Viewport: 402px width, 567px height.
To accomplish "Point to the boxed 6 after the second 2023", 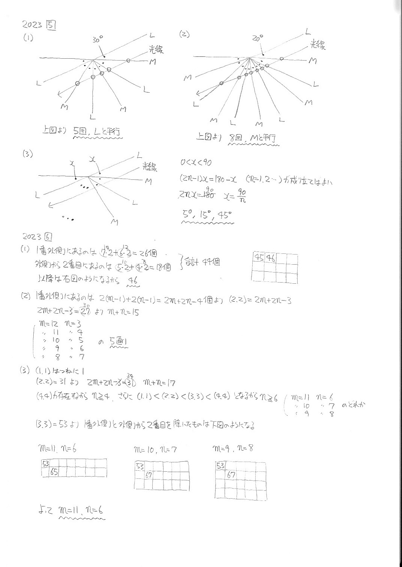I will click(48, 237).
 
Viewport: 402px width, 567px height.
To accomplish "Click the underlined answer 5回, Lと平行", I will click(98, 132).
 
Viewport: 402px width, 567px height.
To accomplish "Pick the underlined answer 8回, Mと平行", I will click(253, 138).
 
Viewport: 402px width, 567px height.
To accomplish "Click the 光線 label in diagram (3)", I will click(150, 167).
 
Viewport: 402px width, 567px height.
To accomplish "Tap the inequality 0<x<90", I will click(196, 163).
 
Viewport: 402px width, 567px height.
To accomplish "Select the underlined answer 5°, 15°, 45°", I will click(207, 215).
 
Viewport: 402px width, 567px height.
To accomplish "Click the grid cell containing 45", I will click(259, 258).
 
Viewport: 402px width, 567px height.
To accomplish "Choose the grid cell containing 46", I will click(270, 258).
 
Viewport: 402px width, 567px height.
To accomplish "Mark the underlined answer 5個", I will click(119, 341).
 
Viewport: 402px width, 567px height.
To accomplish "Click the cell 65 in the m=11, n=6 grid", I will click(54, 472).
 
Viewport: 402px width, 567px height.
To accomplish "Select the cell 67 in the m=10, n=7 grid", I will click(149, 475).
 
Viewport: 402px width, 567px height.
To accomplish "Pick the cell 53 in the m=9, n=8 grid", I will click(220, 466).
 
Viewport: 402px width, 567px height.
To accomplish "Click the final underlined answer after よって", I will click(81, 511).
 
